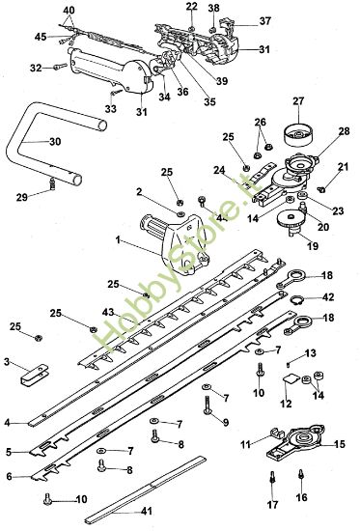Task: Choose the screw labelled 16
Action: [303, 473]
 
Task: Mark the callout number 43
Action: [110, 312]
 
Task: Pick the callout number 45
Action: [41, 37]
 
